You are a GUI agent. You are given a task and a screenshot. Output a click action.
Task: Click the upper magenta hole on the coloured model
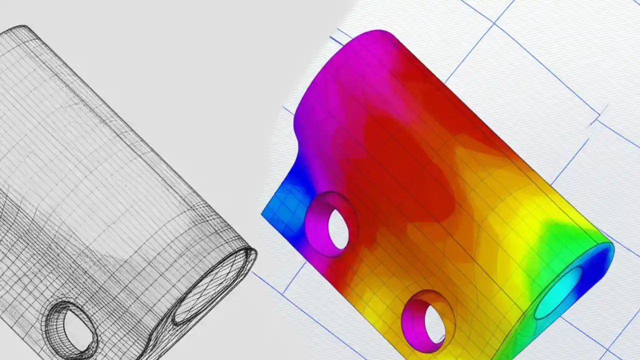pyautogui.click(x=331, y=223)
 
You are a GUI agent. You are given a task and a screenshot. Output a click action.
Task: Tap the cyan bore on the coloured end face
pyautogui.click(x=559, y=293)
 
